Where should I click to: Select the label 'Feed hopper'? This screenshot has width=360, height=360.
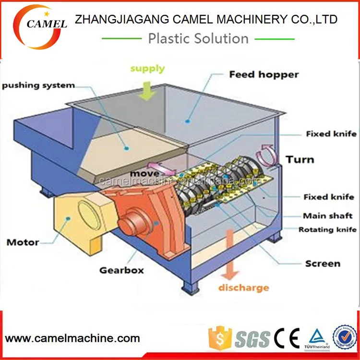coord(264,74)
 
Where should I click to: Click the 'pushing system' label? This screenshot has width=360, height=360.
coord(38,85)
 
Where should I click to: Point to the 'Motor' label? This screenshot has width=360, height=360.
coord(23,242)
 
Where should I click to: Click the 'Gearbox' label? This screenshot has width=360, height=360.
coord(121,270)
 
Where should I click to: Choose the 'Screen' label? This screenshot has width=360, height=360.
coord(323,264)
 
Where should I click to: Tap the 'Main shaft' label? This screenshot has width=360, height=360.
coord(327,216)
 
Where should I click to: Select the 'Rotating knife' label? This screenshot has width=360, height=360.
coord(328,230)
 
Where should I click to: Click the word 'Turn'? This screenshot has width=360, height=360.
coord(300,159)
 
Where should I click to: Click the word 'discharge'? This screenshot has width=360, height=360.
coord(243,288)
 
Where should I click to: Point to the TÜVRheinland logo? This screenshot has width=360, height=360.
coord(318,338)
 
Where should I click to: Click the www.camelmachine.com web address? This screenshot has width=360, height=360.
coord(72,338)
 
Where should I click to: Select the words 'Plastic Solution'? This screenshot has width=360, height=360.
coord(198,38)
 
